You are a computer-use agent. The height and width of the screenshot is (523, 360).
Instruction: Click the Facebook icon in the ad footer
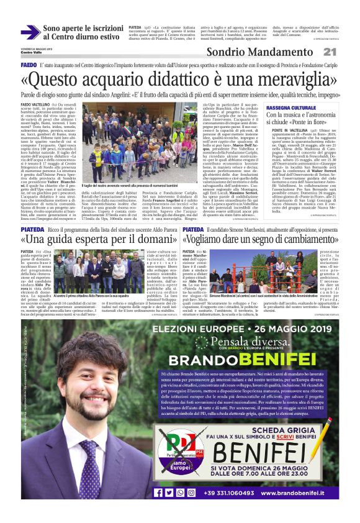pyautogui.click(x=158, y=493)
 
